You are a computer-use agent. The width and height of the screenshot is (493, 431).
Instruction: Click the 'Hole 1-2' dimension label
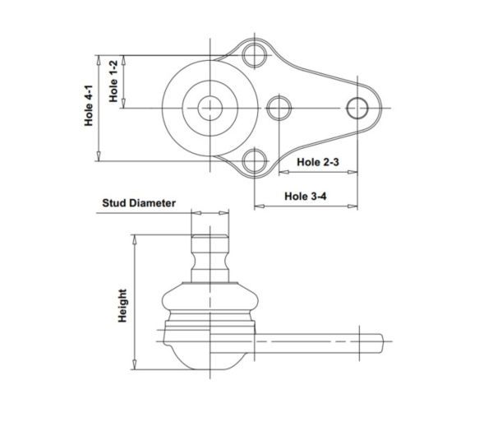[113, 81]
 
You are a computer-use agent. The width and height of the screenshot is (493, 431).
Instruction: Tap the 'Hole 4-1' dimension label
[89, 105]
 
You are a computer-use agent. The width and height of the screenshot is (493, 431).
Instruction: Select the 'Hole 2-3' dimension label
[318, 162]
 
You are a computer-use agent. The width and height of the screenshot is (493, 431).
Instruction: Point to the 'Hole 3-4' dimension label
[306, 196]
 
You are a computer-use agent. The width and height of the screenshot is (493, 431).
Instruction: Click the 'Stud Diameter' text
[139, 202]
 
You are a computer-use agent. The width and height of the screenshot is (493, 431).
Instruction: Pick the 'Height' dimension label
[122, 306]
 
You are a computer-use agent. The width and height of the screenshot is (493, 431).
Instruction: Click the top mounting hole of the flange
[255, 55]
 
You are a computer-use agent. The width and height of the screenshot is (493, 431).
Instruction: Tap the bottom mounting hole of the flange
[255, 161]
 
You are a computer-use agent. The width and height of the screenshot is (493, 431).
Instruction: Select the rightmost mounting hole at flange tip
[357, 108]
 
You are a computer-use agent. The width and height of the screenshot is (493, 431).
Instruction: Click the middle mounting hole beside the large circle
[279, 108]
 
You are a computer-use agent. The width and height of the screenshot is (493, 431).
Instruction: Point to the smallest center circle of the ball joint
[210, 108]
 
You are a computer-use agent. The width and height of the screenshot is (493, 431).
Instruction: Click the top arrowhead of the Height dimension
[135, 239]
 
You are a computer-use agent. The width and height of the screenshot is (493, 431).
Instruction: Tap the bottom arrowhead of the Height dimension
[135, 364]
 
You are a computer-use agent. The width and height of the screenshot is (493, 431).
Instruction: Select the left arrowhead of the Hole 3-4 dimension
[259, 206]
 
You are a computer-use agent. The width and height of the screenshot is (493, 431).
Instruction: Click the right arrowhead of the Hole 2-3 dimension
[352, 172]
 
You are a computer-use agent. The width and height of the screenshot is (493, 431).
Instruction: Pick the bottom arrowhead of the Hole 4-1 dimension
[99, 156]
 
